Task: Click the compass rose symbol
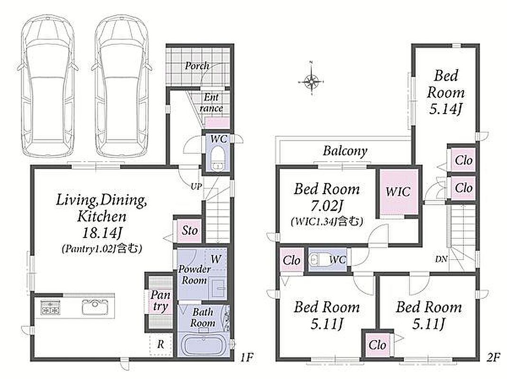311,80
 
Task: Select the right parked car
121,86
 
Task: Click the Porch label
197,66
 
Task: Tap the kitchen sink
94,307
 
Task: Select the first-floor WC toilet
218,158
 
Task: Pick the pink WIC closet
398,191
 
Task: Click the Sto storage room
190,231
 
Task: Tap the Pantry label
160,300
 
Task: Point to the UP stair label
196,187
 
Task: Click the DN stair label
442,259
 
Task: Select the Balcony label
345,151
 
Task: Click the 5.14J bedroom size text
445,109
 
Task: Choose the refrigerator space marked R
160,344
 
